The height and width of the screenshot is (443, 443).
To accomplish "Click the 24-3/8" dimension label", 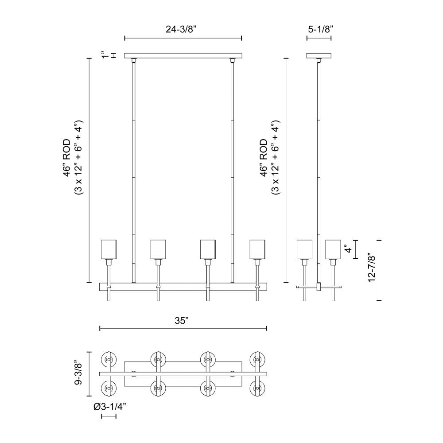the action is click(x=181, y=29).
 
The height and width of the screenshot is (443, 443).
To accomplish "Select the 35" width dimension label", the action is click(x=182, y=321).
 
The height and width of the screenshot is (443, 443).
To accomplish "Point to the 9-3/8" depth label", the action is click(x=78, y=372).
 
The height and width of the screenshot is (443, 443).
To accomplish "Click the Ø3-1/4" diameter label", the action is click(x=109, y=407).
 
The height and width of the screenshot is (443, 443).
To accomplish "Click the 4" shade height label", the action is click(x=348, y=249).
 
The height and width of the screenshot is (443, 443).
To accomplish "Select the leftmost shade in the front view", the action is click(x=109, y=249).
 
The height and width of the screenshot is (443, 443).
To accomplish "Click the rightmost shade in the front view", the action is click(x=257, y=249).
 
